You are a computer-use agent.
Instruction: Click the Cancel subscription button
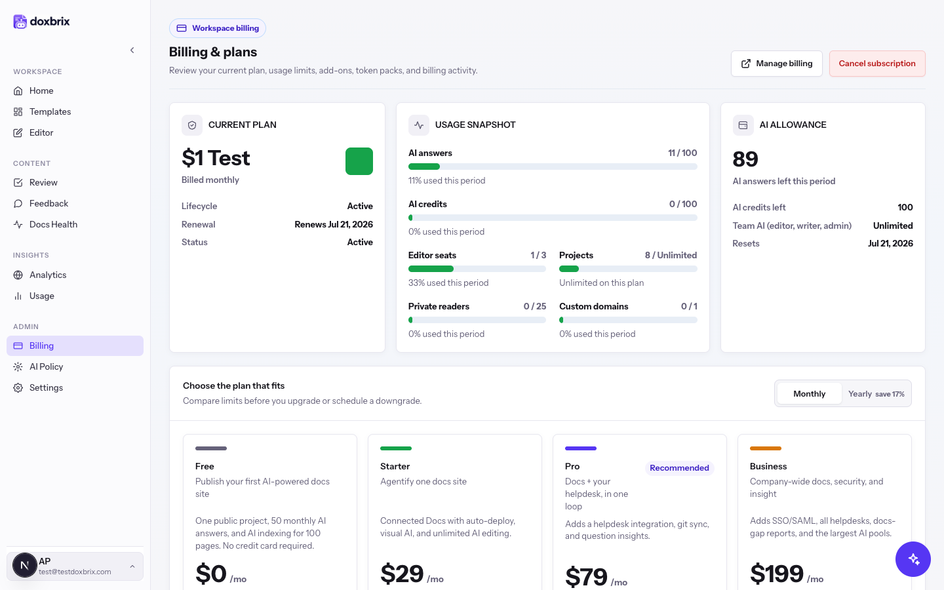877,64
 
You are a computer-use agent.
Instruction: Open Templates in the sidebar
50,111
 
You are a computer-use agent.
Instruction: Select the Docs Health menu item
53,225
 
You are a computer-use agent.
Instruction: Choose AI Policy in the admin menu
46,366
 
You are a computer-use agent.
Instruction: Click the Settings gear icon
18,387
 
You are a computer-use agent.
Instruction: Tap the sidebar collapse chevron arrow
132,50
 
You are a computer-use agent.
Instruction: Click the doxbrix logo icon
20,22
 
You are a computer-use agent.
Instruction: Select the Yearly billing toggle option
876,393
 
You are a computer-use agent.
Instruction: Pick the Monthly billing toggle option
809,393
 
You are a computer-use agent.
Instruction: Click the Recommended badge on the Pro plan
679,468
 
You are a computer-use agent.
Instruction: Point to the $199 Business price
777,574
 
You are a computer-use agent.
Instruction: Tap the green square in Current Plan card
359,161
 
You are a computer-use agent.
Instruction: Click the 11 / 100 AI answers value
682,153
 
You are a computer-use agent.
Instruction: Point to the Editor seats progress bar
477,269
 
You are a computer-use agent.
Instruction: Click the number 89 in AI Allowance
745,159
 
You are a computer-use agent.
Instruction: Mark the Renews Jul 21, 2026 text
333,224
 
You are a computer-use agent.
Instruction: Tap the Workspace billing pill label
218,28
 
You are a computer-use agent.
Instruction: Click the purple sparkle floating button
913,559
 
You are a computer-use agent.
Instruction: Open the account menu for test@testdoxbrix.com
75,566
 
